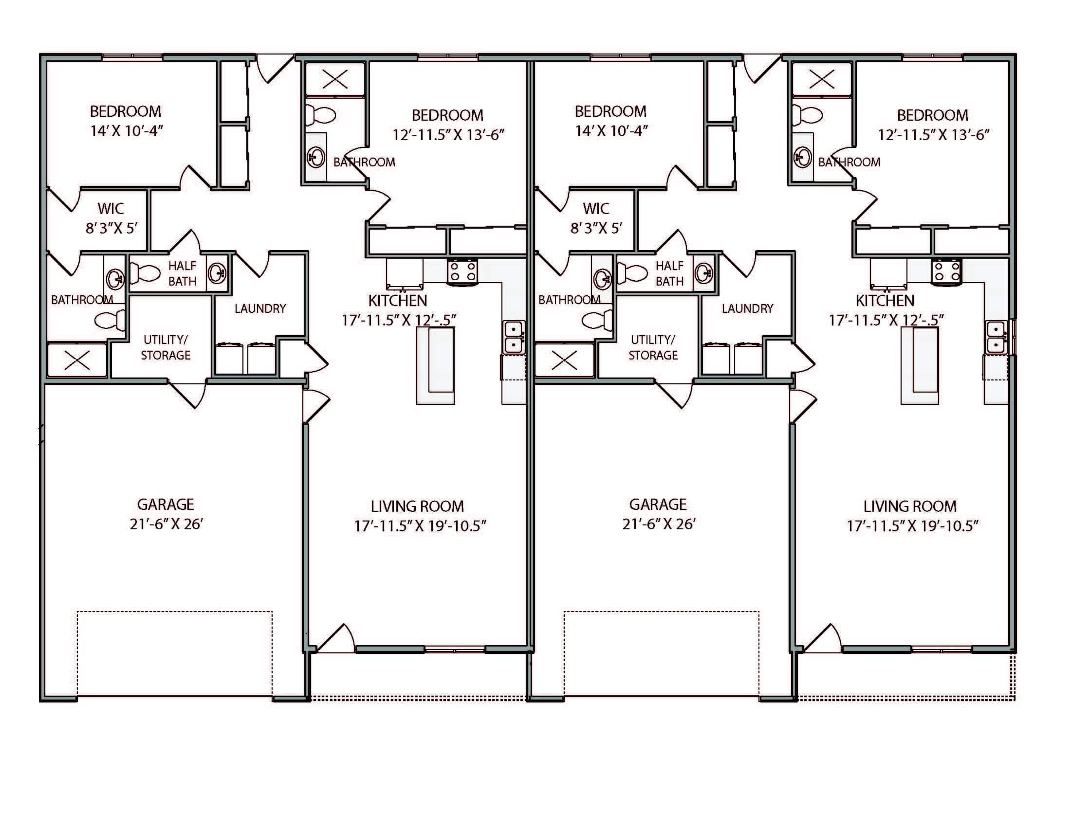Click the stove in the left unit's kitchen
point(462,272)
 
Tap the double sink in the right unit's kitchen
point(997,337)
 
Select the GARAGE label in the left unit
point(165,504)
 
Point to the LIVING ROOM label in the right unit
point(910,506)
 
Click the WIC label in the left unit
point(111,209)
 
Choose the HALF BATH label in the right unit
point(669,273)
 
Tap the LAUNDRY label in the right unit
point(747,308)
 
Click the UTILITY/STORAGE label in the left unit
point(165,347)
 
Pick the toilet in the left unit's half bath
point(146,272)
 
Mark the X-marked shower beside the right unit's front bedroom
point(822,78)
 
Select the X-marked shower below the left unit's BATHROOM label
point(77,360)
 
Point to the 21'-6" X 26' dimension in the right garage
point(659,524)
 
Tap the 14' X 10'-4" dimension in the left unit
point(126,131)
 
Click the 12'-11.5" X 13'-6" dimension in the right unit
point(933,135)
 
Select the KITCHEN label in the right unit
point(885,300)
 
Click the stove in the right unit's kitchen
point(946,271)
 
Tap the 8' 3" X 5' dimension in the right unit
point(596,228)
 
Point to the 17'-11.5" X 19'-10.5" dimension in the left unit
point(420,526)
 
